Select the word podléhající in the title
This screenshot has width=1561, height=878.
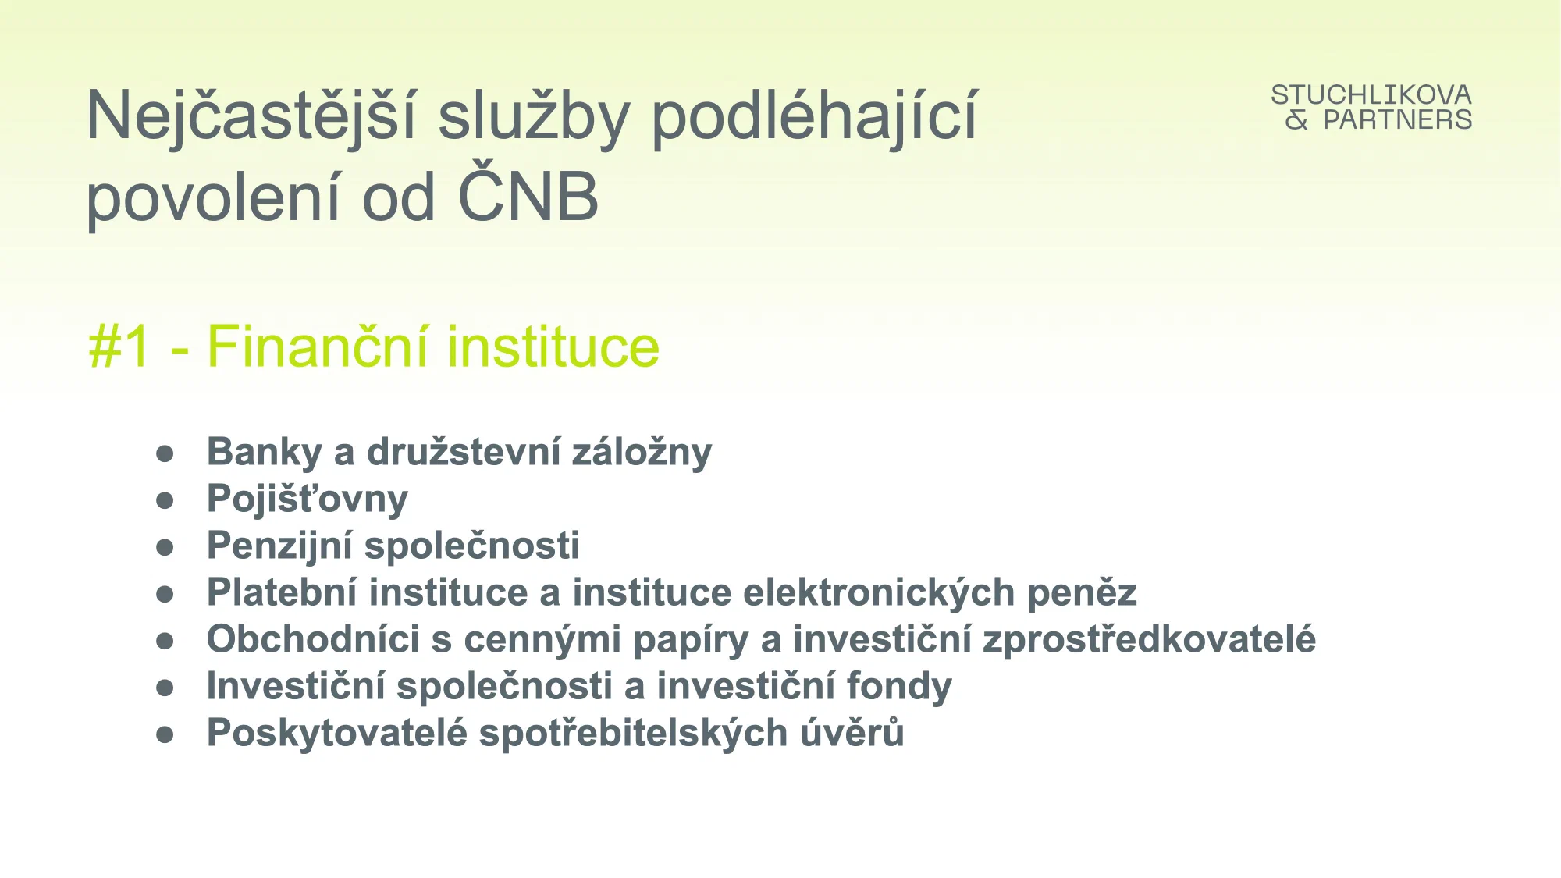pos(814,117)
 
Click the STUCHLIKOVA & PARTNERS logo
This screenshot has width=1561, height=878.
pos(1371,107)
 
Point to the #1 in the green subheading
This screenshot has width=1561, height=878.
pos(119,347)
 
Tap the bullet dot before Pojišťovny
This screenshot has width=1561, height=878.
pos(165,500)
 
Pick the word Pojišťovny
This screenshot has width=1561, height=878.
pos(308,499)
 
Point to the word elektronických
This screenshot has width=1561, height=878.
pos(879,593)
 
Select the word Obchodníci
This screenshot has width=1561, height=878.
pos(313,639)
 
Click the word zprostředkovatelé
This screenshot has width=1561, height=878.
pos(1150,640)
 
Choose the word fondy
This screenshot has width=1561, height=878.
pos(899,687)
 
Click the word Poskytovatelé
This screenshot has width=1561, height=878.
pos(337,734)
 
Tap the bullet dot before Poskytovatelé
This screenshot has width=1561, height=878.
pos(165,734)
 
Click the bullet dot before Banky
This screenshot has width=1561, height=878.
pos(165,453)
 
